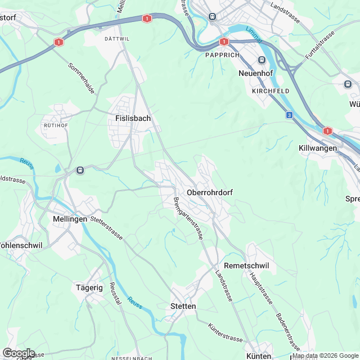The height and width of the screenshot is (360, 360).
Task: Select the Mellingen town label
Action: pyautogui.click(x=70, y=219)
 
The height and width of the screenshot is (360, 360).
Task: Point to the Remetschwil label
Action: pyautogui.click(x=247, y=265)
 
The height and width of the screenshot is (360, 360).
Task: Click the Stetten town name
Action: pyautogui.click(x=183, y=307)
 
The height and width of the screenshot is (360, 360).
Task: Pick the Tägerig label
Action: pyautogui.click(x=89, y=287)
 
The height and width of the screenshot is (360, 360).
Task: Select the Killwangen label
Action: pyautogui.click(x=317, y=147)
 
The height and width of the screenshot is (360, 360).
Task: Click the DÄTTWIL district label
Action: pyautogui.click(x=117, y=39)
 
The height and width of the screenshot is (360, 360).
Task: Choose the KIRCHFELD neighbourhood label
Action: pyautogui.click(x=270, y=91)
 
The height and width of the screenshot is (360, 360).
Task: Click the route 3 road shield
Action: pyautogui.click(x=289, y=115)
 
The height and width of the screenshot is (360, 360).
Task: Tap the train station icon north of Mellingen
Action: pyautogui.click(x=80, y=169)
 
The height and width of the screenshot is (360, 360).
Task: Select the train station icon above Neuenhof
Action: pyautogui.click(x=262, y=60)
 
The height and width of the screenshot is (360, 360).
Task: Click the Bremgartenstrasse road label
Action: pyautogui.click(x=188, y=219)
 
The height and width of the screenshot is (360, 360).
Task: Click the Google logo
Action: pyautogui.click(x=18, y=352)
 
